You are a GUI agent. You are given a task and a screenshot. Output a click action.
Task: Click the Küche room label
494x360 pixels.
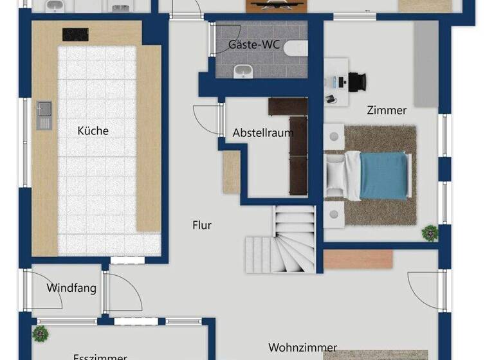(93, 130)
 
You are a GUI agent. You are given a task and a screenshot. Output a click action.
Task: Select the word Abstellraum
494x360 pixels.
(262, 133)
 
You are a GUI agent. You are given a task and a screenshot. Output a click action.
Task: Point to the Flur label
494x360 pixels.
(202, 225)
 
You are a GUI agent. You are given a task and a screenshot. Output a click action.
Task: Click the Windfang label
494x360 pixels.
(71, 288)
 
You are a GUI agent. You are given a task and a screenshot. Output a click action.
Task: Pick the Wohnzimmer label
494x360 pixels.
(302, 348)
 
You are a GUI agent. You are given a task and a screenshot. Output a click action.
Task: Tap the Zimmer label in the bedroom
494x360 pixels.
(387, 110)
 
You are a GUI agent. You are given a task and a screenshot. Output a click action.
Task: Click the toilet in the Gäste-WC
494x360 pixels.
(297, 47)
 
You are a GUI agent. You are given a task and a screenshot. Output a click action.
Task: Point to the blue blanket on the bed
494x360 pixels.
(383, 175)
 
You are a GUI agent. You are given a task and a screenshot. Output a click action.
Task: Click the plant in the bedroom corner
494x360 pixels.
(429, 231)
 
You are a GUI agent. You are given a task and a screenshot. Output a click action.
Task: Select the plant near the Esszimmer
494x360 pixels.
(41, 333)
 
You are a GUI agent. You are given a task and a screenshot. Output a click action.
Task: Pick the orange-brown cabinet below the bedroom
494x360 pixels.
(358, 258)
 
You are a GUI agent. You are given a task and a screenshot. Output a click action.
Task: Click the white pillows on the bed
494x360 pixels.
(335, 175)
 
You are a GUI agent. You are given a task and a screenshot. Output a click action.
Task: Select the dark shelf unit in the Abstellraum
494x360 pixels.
(297, 151)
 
